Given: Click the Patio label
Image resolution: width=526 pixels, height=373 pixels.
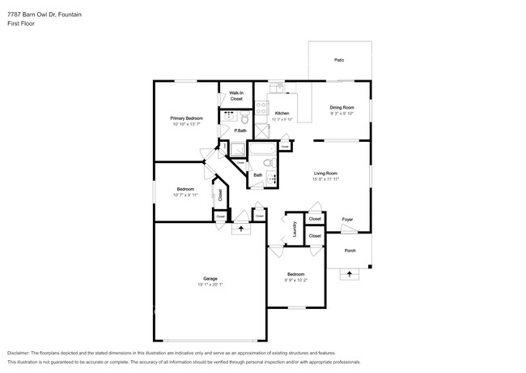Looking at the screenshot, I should (x=339, y=60).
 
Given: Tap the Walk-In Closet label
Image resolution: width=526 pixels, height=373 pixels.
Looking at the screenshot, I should (x=236, y=96).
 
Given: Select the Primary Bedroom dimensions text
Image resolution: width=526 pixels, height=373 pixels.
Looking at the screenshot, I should (x=187, y=124).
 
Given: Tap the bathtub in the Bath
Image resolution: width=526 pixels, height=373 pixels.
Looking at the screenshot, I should (x=264, y=150).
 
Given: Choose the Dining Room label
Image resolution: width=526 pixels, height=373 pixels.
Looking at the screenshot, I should (x=341, y=107).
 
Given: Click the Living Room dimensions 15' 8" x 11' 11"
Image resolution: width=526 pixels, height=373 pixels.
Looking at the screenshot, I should (x=325, y=178).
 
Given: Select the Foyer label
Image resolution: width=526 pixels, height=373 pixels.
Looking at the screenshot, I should (x=347, y=219).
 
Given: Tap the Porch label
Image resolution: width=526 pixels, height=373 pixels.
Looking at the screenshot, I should (x=350, y=251).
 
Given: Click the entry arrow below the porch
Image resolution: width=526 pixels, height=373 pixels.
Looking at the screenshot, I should (x=350, y=275).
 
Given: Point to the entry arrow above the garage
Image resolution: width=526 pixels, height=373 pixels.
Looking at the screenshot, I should (x=240, y=229).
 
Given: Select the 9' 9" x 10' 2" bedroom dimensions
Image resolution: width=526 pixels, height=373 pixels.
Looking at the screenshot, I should (x=296, y=280).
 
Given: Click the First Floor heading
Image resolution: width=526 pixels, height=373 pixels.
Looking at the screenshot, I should (x=21, y=24).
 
